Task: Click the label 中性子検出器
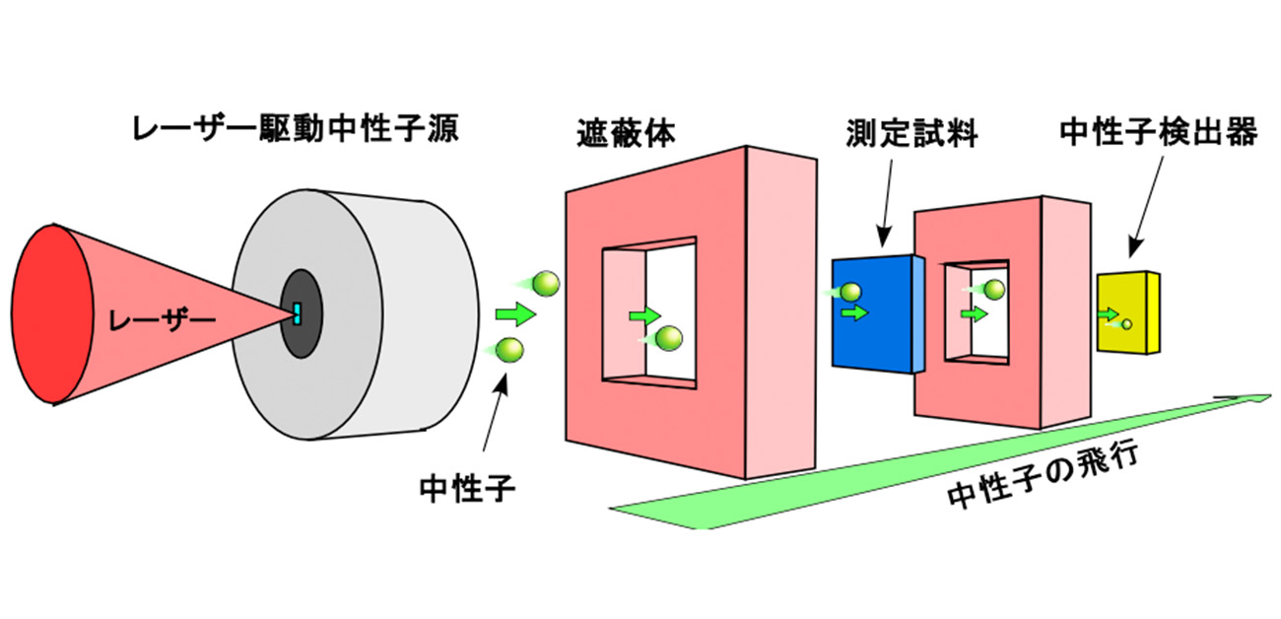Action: tap(1159, 132)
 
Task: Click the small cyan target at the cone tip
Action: tap(297, 313)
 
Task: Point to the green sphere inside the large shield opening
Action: tap(670, 338)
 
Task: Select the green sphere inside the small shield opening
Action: tap(993, 289)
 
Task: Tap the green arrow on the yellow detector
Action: tap(1110, 314)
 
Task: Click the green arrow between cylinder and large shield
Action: tap(515, 314)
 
